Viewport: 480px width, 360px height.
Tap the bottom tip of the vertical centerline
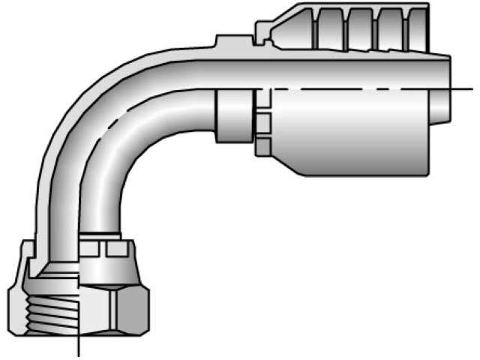79,355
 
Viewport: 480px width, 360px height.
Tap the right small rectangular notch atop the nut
114,249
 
